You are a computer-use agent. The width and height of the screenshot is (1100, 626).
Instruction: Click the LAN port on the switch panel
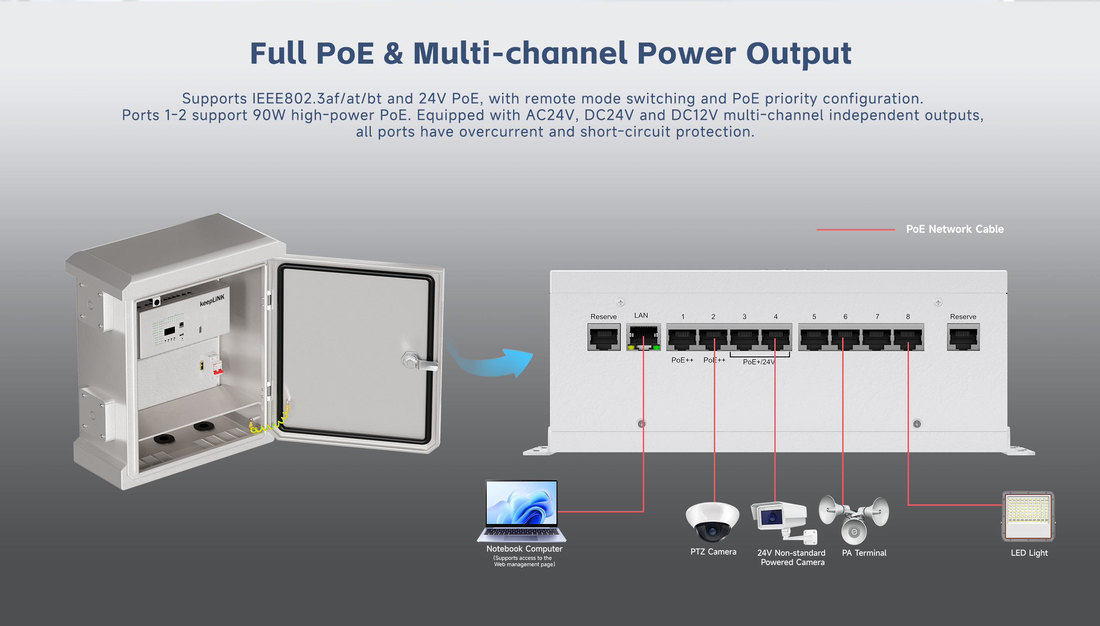(x=643, y=337)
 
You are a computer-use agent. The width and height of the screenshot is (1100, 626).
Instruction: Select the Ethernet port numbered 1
(x=682, y=337)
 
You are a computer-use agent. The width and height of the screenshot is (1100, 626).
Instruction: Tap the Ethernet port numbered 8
(x=908, y=337)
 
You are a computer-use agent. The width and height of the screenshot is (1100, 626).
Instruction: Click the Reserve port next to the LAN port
(x=604, y=337)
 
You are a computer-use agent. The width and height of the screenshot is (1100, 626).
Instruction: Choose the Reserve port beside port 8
(x=963, y=337)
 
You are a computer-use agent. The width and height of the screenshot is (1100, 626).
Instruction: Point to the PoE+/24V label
(x=759, y=362)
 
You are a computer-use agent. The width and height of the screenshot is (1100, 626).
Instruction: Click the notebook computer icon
(x=522, y=511)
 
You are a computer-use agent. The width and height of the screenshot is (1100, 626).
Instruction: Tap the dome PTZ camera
(x=713, y=522)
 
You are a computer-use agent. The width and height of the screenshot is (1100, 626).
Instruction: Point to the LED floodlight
(x=1028, y=516)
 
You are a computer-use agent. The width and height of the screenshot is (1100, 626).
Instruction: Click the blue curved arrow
(x=490, y=360)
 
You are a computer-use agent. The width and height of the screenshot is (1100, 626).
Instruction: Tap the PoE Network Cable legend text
(x=955, y=229)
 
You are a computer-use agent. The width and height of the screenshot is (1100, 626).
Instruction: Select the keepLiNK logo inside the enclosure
(x=212, y=300)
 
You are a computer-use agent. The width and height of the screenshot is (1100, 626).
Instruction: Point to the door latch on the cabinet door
(x=418, y=361)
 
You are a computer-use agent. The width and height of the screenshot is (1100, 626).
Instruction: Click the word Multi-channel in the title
(x=520, y=53)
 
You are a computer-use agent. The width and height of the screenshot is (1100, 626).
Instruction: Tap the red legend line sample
(x=856, y=230)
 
